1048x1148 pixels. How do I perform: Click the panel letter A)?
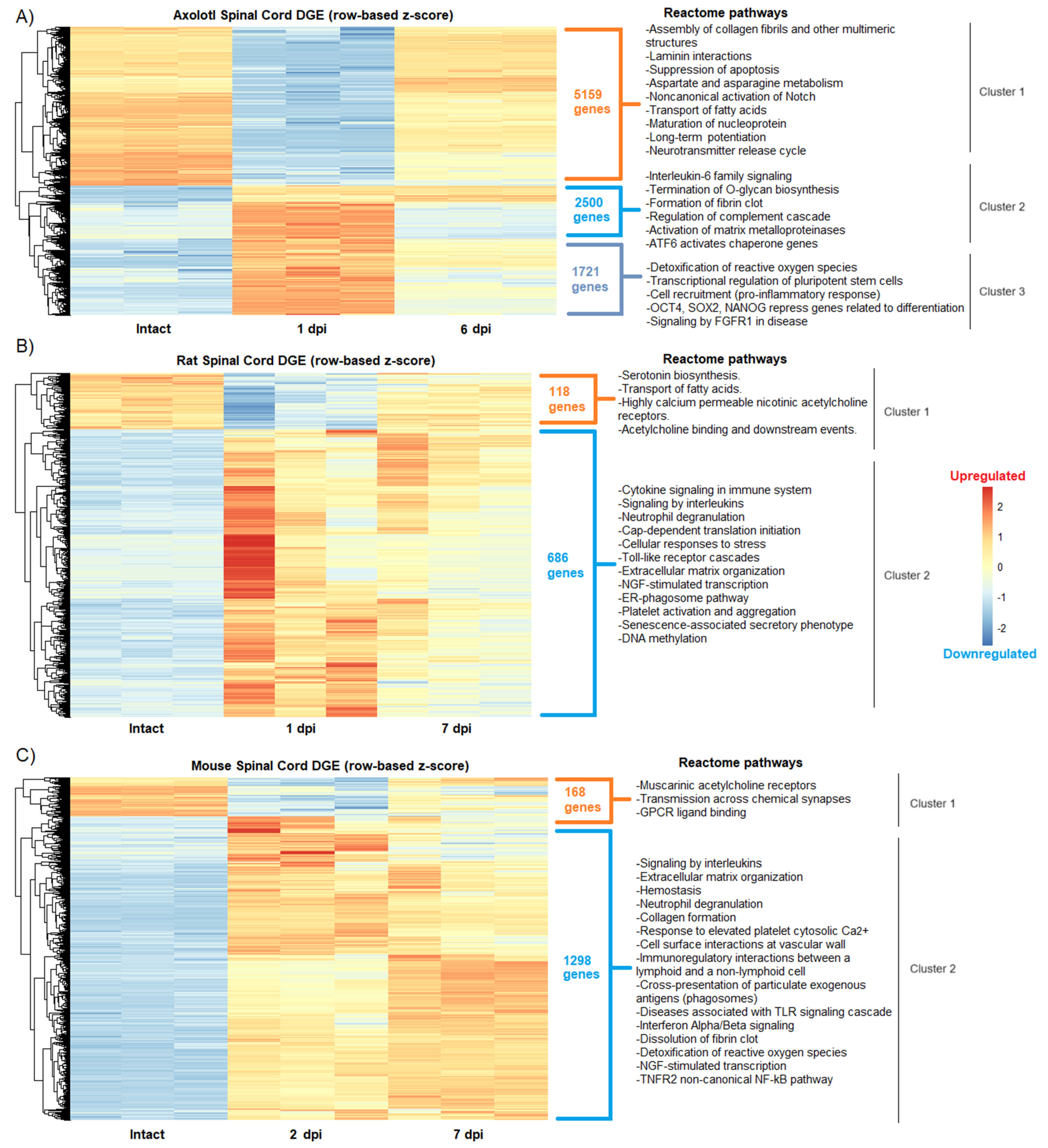[24, 17]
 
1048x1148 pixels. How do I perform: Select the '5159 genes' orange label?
[591, 102]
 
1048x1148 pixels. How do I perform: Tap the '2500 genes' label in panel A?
[591, 210]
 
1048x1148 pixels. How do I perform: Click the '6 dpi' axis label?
[475, 329]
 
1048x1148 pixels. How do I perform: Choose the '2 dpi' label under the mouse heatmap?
[305, 1134]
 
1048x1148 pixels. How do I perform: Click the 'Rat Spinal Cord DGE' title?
[305, 360]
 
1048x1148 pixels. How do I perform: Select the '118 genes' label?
[566, 399]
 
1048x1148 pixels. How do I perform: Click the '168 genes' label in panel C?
[582, 799]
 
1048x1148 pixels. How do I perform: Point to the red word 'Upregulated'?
[987, 476]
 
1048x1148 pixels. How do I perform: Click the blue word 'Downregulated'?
[989, 654]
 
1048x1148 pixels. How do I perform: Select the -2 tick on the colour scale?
[1001, 628]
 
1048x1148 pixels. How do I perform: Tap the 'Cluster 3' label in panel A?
[1001, 292]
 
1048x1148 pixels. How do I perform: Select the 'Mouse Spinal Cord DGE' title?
[330, 766]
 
